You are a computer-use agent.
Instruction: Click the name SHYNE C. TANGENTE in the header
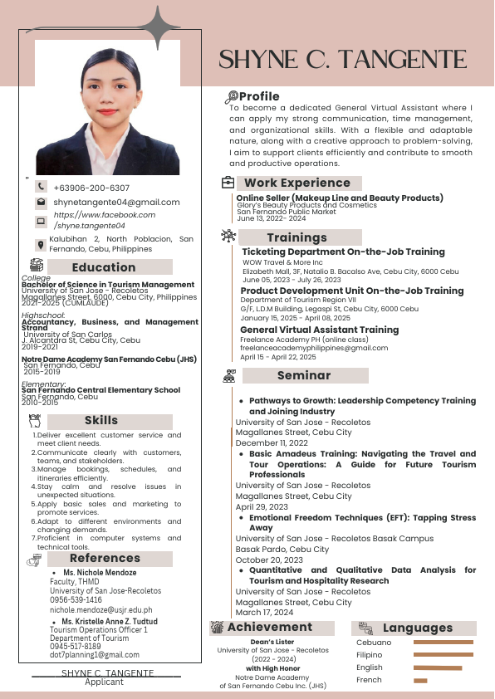coord(353,59)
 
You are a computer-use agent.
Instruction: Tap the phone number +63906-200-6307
coord(91,188)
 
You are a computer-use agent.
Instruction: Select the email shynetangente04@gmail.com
coord(116,203)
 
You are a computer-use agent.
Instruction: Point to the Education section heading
coord(103,267)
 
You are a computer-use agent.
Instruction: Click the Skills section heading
coord(101,420)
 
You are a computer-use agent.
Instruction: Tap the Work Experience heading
coord(297,183)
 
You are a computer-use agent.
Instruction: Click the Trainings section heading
coord(297,237)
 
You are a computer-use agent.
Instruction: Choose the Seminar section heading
coord(304,375)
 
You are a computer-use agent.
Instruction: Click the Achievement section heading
coord(270,627)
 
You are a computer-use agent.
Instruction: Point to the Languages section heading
coord(417,628)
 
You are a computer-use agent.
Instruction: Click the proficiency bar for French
coord(420,681)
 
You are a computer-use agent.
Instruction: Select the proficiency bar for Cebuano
coord(444,643)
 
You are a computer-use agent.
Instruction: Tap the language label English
coord(370,667)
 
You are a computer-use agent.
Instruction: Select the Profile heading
coord(259,97)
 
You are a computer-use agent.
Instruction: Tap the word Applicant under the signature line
coord(104,682)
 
